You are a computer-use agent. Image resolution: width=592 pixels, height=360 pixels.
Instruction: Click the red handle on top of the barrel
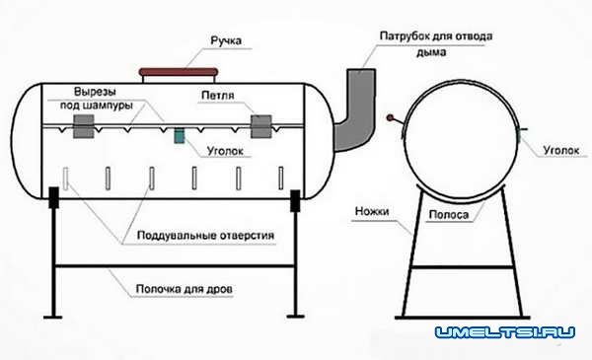[x=180, y=71]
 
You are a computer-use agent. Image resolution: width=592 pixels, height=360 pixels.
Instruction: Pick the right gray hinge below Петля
[x=262, y=126]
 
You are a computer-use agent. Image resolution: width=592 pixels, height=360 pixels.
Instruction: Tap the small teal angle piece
[x=179, y=135]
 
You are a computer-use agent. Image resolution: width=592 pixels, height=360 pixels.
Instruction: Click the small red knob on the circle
[x=392, y=118]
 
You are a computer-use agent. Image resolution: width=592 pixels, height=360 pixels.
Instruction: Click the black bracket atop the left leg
[x=51, y=197]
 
